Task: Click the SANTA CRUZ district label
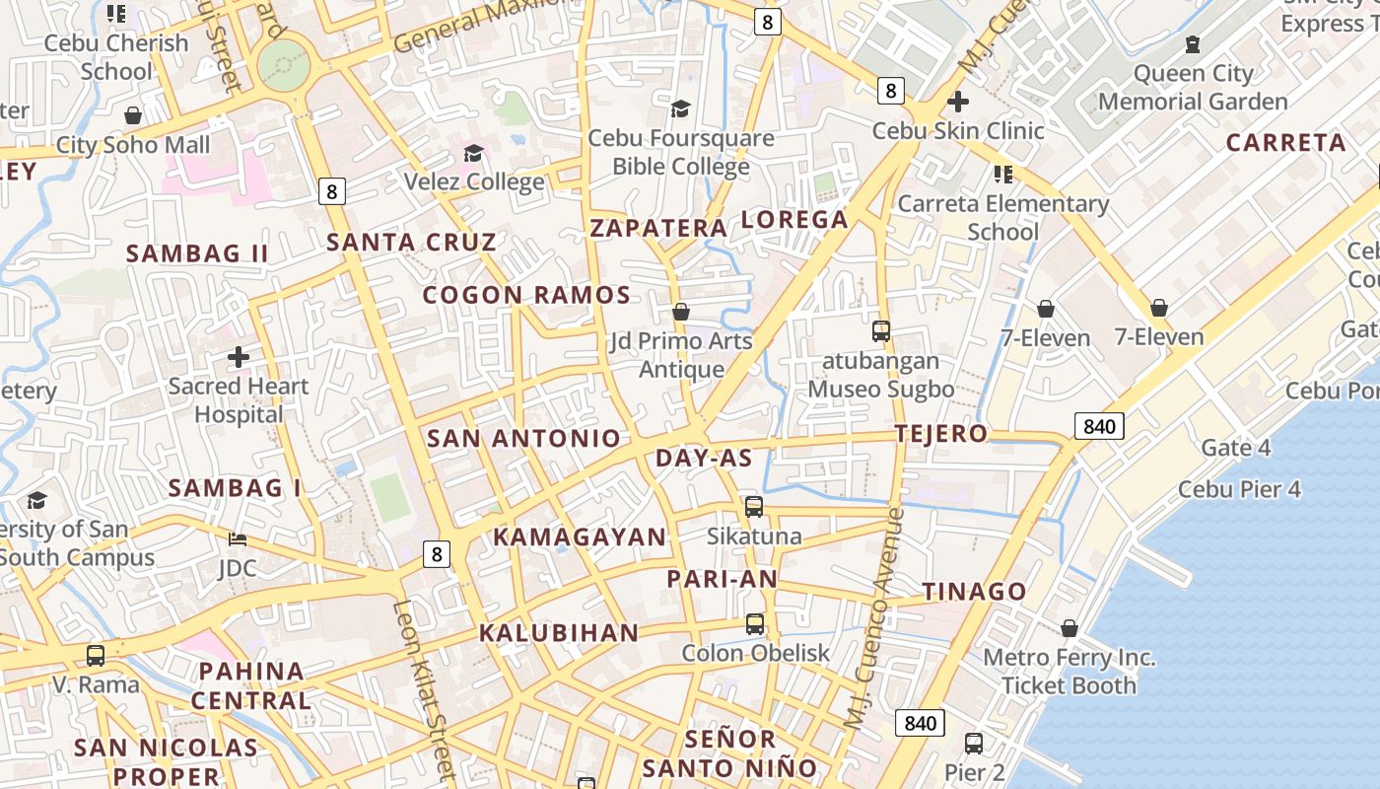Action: point(411,242)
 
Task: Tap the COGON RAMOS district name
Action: point(526,295)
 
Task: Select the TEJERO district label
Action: point(940,434)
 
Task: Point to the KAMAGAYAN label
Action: point(580,538)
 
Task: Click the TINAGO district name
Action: point(974,592)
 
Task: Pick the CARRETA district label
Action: point(1285,143)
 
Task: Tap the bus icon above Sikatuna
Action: point(754,507)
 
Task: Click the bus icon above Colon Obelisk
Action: point(754,624)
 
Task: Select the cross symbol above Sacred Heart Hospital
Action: point(238,357)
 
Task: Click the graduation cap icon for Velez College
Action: point(473,153)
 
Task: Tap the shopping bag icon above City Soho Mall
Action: point(133,116)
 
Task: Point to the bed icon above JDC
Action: point(238,539)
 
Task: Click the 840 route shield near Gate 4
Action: point(1098,426)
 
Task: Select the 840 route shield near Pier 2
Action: point(920,723)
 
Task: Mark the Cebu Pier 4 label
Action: point(1239,489)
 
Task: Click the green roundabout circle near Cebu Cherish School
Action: point(284,66)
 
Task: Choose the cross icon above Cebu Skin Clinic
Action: point(957,102)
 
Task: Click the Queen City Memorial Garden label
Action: point(1193,88)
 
